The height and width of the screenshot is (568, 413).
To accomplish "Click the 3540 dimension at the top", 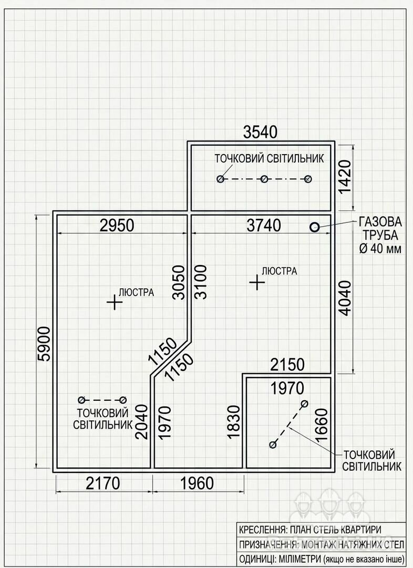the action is [260, 132].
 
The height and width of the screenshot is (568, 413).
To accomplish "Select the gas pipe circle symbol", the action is [314, 227].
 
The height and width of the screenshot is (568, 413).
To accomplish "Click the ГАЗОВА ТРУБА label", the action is [380, 228].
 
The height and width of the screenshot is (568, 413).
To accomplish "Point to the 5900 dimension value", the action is [44, 344].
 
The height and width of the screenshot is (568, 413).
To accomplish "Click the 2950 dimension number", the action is [117, 225].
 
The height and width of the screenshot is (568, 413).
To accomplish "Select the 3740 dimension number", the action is [264, 225].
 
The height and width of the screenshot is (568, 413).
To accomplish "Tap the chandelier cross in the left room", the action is [115, 302].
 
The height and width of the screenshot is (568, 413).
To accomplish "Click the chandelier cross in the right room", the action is [257, 282].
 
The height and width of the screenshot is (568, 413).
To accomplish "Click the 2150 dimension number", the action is [287, 365].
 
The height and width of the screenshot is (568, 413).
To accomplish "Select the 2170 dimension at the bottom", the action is [103, 483].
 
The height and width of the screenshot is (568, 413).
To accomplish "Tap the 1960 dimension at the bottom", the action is [197, 483].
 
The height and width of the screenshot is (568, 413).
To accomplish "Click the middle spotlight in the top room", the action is [264, 179].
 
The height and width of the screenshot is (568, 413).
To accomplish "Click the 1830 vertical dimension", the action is [233, 422].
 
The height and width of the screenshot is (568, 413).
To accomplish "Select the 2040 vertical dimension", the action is [141, 422].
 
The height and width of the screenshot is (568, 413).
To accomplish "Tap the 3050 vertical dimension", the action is [179, 282].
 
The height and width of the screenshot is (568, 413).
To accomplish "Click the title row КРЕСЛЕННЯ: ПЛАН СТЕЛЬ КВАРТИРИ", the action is [310, 530].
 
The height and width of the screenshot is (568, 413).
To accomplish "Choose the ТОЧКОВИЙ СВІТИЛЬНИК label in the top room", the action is [270, 159].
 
